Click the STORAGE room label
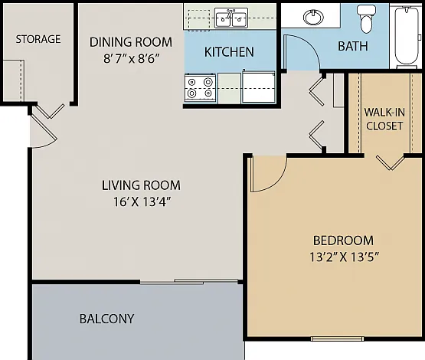click(38, 39)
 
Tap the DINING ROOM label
click(131, 42)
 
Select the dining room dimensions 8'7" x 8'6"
click(131, 58)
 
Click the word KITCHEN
click(229, 52)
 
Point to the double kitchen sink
click(231, 18)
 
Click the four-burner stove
click(201, 87)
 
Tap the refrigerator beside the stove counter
click(259, 87)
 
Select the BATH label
click(353, 46)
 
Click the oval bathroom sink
click(314, 18)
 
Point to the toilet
click(367, 18)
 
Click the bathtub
click(406, 36)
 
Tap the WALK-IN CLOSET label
click(384, 119)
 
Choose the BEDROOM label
click(343, 241)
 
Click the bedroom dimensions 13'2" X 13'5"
click(344, 257)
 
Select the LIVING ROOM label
click(141, 185)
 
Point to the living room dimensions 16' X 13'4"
click(142, 201)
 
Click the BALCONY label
click(106, 319)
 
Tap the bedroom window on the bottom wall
click(337, 339)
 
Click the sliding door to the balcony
click(189, 282)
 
